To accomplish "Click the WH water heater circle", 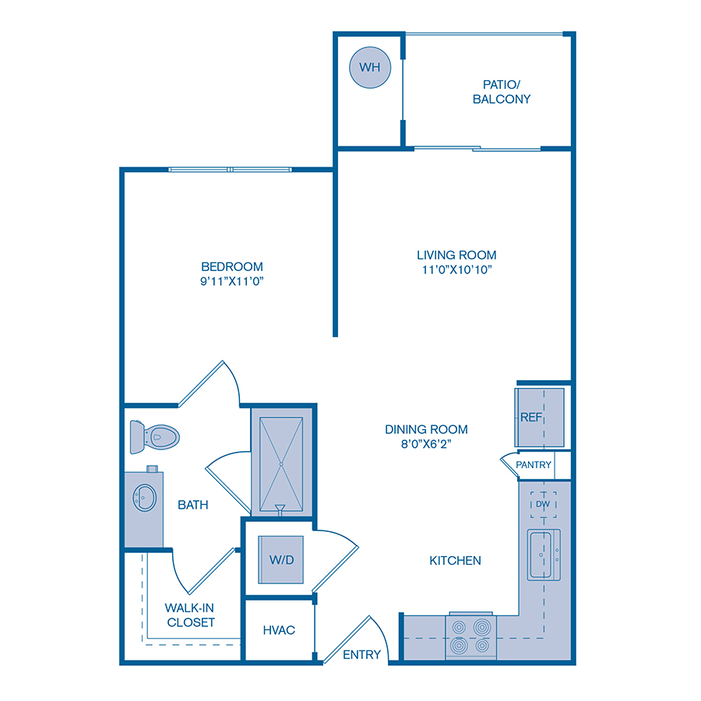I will pyautogui.click(x=370, y=68).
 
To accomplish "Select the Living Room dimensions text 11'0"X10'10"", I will pyautogui.click(x=456, y=269).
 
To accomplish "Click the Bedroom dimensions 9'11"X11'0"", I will pyautogui.click(x=232, y=281).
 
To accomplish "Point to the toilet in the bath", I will pyautogui.click(x=155, y=437).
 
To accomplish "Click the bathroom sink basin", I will pyautogui.click(x=143, y=495).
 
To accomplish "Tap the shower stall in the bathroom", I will pyautogui.click(x=280, y=462).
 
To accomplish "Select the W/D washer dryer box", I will pyautogui.click(x=280, y=559).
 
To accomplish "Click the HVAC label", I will pyautogui.click(x=279, y=629).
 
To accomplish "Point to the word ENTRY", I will pyautogui.click(x=362, y=654).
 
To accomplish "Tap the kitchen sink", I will pyautogui.click(x=544, y=555).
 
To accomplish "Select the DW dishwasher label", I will pyautogui.click(x=542, y=505).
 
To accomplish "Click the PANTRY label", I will pyautogui.click(x=534, y=465).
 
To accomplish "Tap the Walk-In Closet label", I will pyautogui.click(x=190, y=615).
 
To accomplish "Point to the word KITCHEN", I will pyautogui.click(x=456, y=560).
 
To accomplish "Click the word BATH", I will pyautogui.click(x=193, y=505).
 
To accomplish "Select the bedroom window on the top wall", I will pyautogui.click(x=231, y=170).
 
